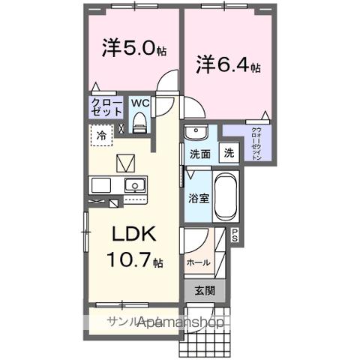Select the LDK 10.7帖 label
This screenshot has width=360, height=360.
click(135, 247)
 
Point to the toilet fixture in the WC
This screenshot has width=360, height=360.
click(139, 122)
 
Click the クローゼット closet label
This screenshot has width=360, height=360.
click(106, 106)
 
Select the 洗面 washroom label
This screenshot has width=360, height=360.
click(199, 154)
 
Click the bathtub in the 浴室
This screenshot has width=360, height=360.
click(226, 195)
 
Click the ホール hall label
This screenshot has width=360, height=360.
click(199, 263)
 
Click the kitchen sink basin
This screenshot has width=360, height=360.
click(135, 184)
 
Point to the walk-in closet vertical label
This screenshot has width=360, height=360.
click(257, 143)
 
